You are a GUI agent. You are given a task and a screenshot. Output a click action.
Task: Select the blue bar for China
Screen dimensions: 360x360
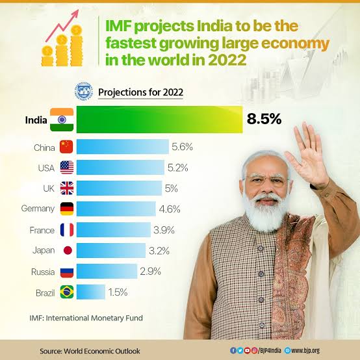(x=123, y=148)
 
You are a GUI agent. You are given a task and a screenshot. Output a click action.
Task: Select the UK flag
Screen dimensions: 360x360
(x=67, y=188)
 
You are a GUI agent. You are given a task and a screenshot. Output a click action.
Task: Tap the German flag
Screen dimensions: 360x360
(x=67, y=209)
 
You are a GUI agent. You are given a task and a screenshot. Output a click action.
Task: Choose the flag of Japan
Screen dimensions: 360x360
(x=67, y=250)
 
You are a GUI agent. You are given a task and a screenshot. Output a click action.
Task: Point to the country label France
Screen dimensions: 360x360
(x=42, y=229)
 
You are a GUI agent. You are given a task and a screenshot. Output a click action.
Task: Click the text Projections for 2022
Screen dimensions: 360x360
(x=140, y=92)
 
